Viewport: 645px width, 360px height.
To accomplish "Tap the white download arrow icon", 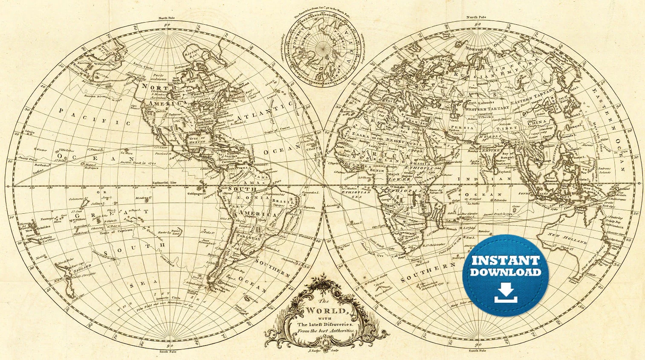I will (x=506, y=293).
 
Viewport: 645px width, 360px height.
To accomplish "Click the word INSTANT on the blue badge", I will (x=506, y=261).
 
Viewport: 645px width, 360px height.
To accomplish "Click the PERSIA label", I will (x=462, y=128).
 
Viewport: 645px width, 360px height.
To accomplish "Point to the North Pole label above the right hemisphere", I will (x=476, y=17).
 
